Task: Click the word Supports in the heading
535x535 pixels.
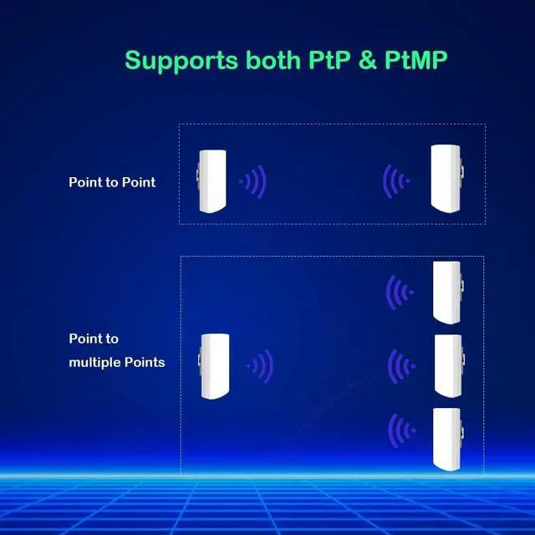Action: click(178, 60)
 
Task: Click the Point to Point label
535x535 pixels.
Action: click(112, 181)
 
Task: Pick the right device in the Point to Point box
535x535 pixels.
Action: click(446, 178)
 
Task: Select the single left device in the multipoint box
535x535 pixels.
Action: click(214, 366)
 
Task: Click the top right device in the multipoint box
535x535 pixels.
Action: click(447, 292)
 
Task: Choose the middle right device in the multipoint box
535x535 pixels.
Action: click(447, 365)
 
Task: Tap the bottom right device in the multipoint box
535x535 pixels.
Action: click(447, 438)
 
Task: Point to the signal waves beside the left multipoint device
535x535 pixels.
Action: click(260, 364)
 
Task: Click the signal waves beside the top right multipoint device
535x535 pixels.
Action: click(400, 292)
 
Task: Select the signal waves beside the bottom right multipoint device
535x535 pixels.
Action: click(401, 431)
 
